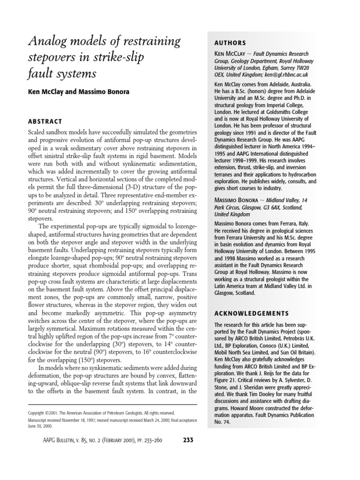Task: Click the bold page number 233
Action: [x=187, y=440]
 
